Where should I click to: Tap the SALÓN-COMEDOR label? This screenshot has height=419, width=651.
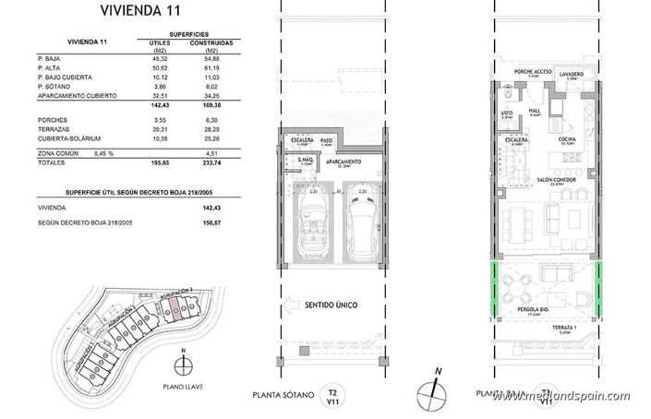pos(550,181)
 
